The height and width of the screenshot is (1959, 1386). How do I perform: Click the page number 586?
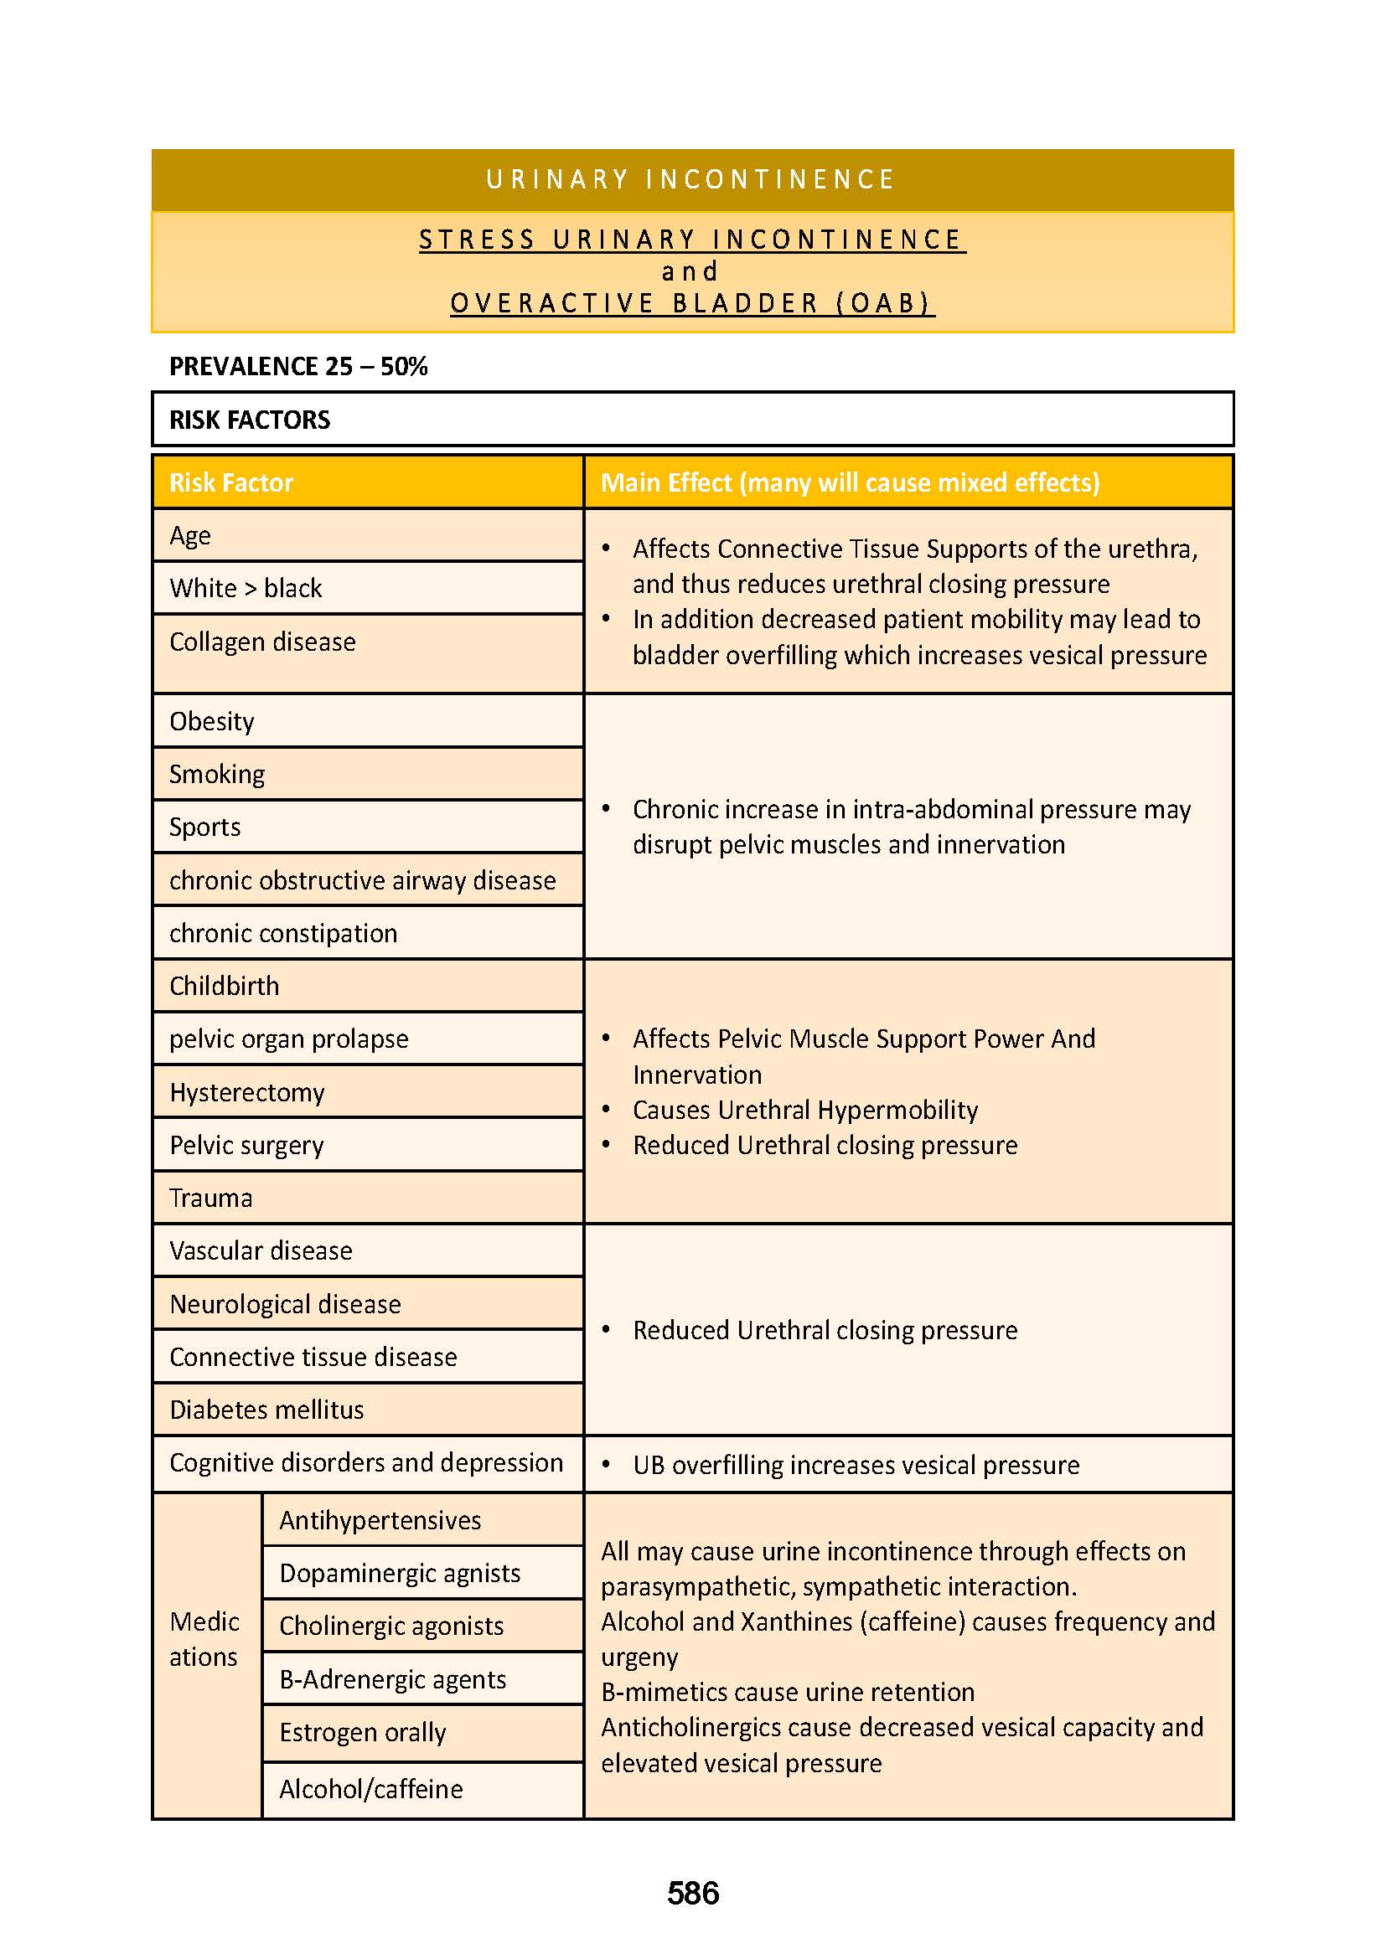[x=692, y=1893]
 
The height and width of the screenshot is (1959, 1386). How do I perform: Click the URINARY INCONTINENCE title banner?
[x=692, y=179]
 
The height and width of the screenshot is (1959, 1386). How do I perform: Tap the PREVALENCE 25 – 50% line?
[x=297, y=366]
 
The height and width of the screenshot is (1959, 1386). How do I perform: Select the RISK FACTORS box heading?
[x=249, y=420]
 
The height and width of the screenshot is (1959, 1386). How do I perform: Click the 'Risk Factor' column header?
[x=231, y=483]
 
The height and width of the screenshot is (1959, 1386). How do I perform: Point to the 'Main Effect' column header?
[x=849, y=483]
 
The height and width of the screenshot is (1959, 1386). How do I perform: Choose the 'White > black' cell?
[x=246, y=588]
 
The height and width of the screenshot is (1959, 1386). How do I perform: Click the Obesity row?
[x=212, y=721]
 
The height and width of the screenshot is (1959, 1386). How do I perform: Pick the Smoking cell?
[x=217, y=774]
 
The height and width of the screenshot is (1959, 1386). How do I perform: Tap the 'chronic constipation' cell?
[x=283, y=932]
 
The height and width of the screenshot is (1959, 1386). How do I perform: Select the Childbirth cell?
[x=225, y=986]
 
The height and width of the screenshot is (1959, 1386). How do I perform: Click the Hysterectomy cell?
[x=246, y=1092]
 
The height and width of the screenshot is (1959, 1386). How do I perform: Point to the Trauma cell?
[x=211, y=1198]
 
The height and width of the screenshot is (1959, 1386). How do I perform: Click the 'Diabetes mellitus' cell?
[x=266, y=1410]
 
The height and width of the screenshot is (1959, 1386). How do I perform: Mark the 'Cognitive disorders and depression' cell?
[x=366, y=1462]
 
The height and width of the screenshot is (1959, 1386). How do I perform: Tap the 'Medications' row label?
[x=204, y=1638]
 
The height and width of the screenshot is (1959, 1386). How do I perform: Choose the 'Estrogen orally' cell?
[x=363, y=1732]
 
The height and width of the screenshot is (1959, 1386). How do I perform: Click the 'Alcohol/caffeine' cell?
[x=371, y=1788]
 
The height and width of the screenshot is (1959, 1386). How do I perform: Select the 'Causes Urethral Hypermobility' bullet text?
[x=804, y=1109]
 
